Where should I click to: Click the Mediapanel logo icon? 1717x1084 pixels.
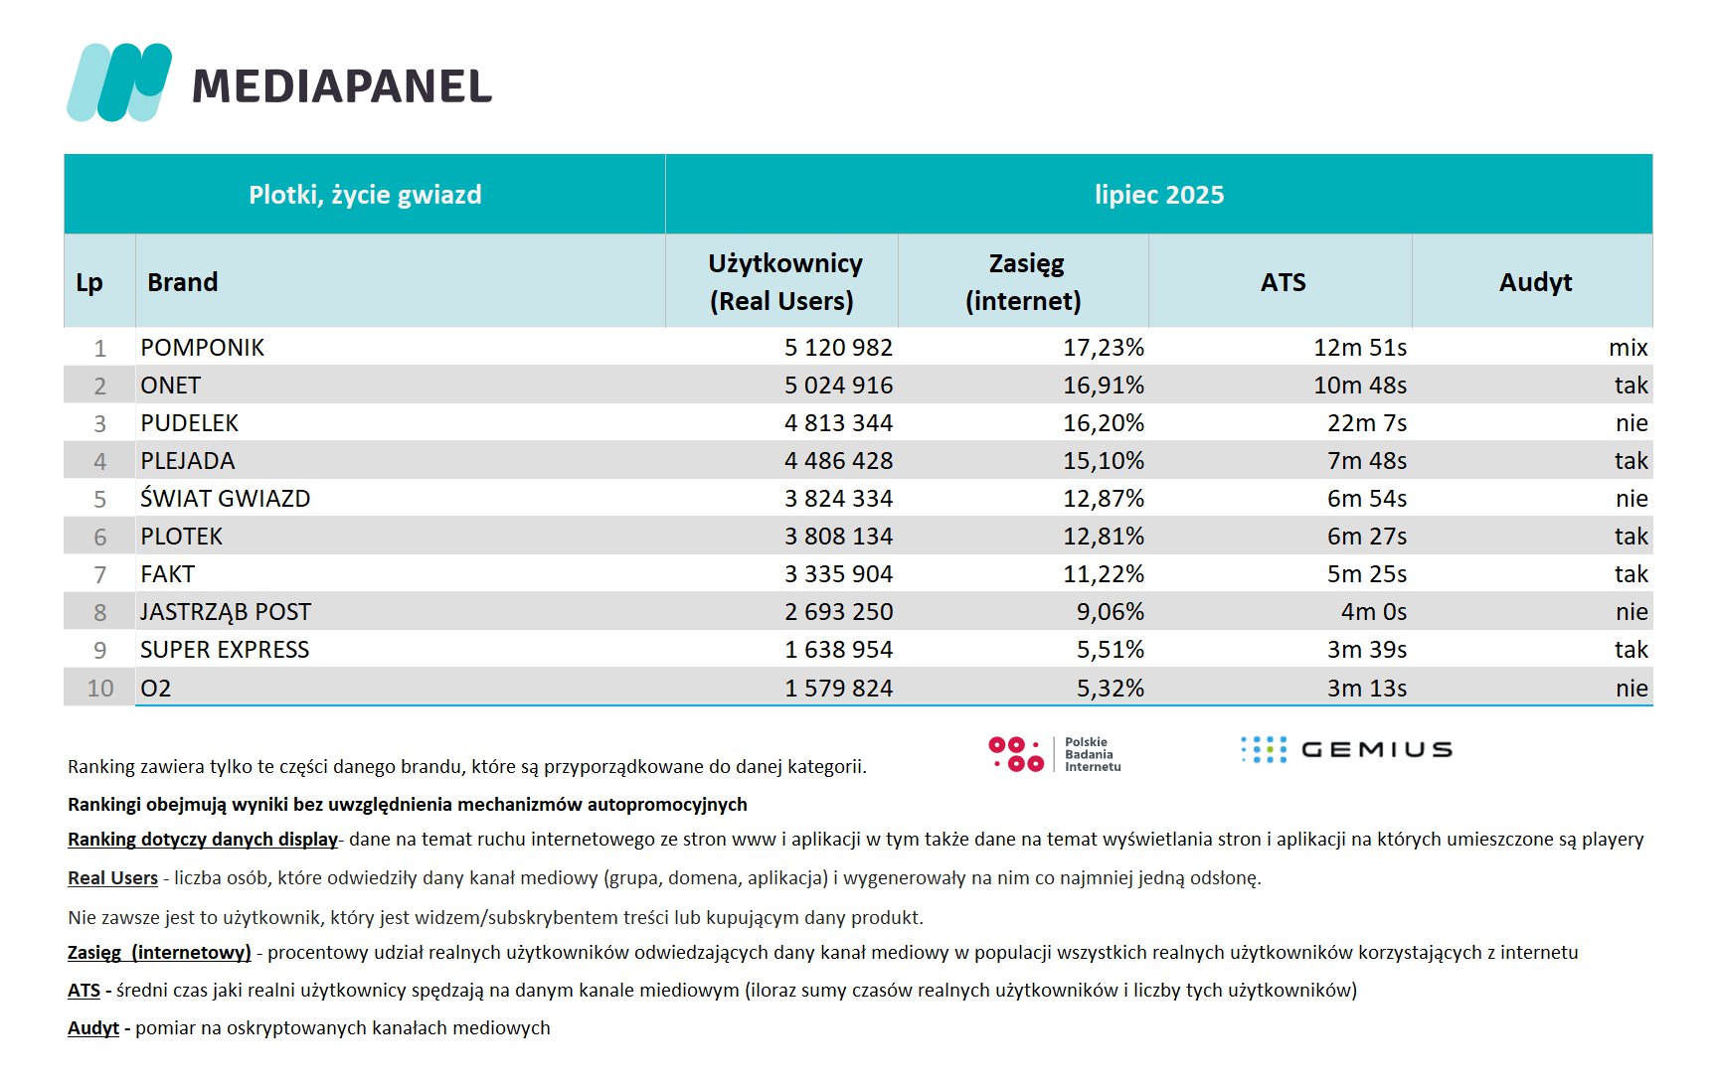coord(119,82)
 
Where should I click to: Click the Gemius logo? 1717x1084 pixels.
coord(1346,750)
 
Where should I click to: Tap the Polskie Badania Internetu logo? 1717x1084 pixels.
coord(1055,754)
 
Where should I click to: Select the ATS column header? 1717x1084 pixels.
coord(1283,282)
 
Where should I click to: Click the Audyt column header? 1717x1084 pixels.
coord(1535,282)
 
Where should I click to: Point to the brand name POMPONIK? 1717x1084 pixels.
coord(202,348)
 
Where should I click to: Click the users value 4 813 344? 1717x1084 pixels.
coord(838,423)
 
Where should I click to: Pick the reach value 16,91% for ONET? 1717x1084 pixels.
coord(1104,386)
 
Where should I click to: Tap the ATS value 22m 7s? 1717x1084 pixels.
coord(1367,423)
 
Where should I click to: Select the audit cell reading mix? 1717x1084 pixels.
coord(1629,348)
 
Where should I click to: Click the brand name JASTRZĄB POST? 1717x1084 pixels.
coord(225,612)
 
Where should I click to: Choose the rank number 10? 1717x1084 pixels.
coord(100,689)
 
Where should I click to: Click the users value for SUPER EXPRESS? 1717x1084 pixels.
coord(838,650)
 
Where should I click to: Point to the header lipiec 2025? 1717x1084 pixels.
coord(1159,195)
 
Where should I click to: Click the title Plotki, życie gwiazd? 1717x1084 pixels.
coord(365,195)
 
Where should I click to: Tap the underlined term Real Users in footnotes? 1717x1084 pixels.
coord(112,878)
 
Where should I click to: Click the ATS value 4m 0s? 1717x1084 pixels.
coord(1374,612)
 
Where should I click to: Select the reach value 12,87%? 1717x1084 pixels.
coord(1104,499)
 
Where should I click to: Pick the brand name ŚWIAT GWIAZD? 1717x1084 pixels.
coord(225,498)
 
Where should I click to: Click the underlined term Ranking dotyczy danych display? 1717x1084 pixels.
coord(203,840)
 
